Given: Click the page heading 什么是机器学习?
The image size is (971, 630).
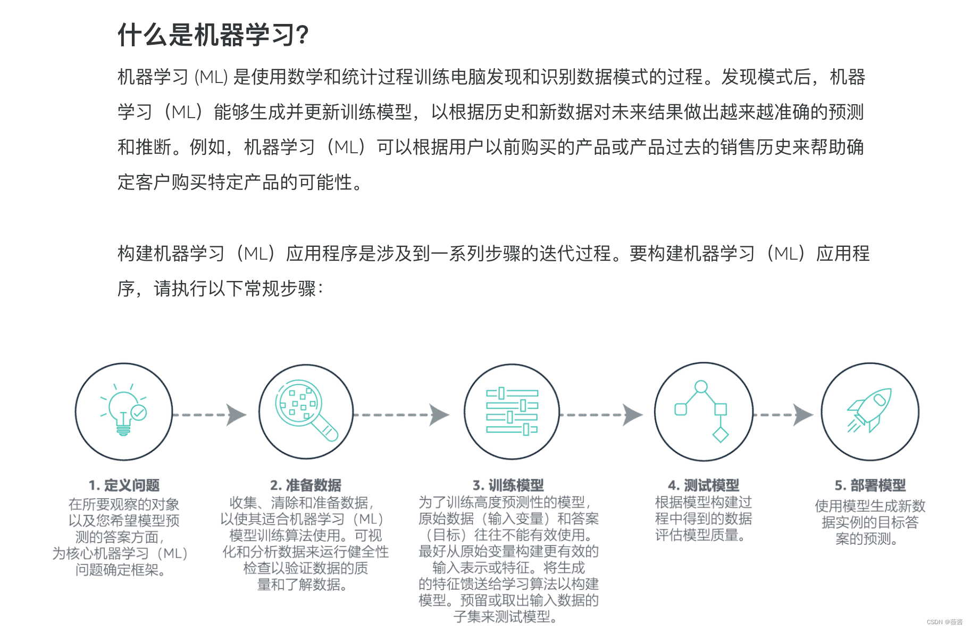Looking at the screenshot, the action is click(x=213, y=35).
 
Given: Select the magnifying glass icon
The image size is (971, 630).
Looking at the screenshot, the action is click(x=306, y=410).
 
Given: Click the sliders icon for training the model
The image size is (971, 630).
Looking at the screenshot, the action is click(x=512, y=411).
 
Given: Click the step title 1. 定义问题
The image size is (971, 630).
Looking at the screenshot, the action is click(x=124, y=485).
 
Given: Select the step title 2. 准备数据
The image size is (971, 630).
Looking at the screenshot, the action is click(x=306, y=485).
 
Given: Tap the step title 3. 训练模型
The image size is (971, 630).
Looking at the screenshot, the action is click(x=508, y=485).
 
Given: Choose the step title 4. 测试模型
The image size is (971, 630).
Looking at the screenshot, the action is click(x=704, y=485).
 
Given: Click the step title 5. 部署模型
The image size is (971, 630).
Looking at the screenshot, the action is click(x=870, y=485).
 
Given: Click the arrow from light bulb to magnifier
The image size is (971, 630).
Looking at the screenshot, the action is click(x=210, y=415).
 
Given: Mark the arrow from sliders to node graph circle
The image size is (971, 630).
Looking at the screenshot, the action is click(x=601, y=415).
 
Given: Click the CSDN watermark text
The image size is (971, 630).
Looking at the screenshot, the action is click(x=944, y=621).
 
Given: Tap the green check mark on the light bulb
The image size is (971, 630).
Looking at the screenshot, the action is click(x=139, y=412).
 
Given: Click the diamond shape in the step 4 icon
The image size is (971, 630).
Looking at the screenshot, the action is click(x=721, y=435).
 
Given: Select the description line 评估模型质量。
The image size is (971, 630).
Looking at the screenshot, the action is click(x=700, y=535).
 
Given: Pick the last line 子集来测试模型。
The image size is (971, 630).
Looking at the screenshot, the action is click(x=506, y=617).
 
